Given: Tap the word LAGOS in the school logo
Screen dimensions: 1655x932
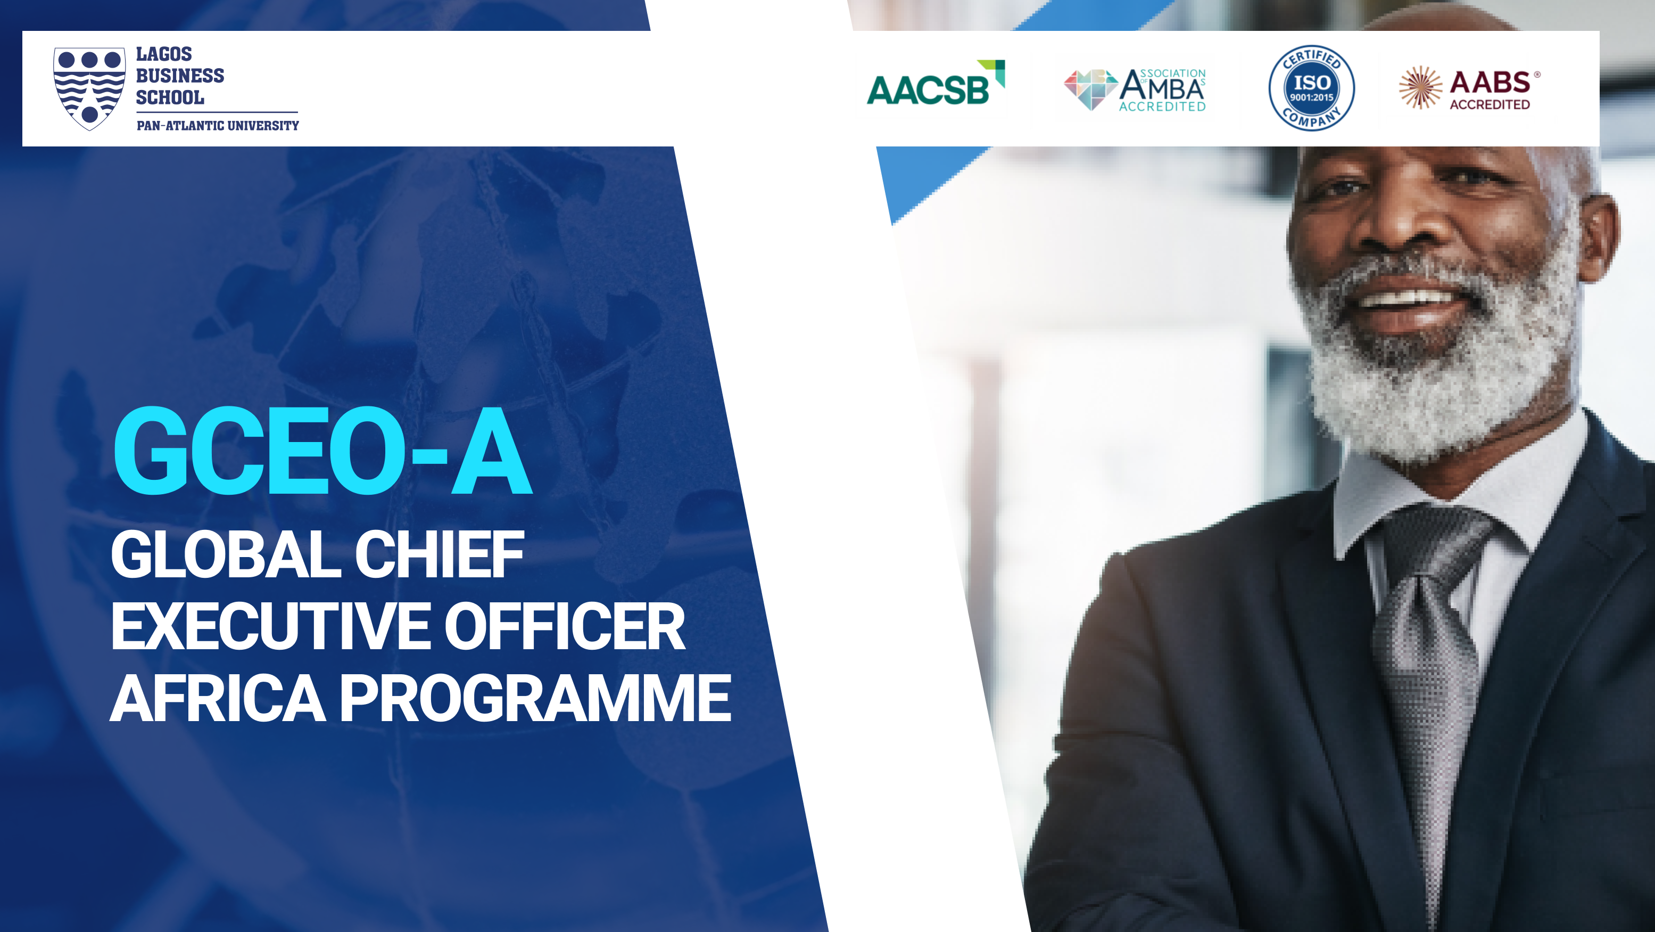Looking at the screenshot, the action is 164,54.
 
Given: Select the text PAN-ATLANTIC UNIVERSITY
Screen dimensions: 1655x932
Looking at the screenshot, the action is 218,125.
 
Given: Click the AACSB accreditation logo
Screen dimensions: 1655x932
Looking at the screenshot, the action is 936,83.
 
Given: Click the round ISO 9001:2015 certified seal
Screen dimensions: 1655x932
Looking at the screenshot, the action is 1311,88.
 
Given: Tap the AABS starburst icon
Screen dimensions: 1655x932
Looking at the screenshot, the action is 1420,87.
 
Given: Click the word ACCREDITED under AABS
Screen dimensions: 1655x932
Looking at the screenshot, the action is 1489,104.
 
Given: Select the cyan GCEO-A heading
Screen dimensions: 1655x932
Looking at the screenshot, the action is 322,451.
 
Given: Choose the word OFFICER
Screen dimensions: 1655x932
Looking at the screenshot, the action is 565,627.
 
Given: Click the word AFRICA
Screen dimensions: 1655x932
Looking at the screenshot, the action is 218,699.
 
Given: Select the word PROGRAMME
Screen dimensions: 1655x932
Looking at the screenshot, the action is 535,699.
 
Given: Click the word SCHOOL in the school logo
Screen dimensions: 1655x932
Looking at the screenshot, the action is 170,97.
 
